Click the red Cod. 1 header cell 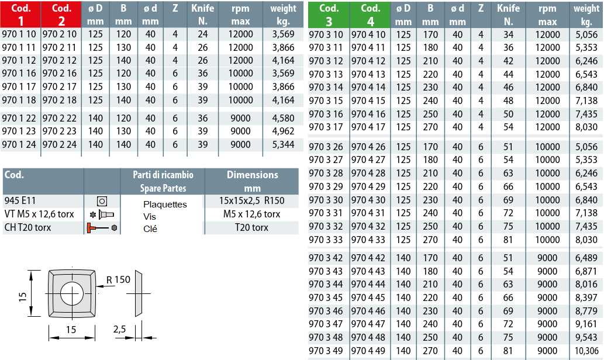click(x=20, y=14)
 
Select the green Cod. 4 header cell click(x=370, y=15)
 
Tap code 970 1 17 click(x=19, y=86)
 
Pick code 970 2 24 click(x=60, y=144)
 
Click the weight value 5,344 click(x=283, y=144)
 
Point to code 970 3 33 click(x=326, y=240)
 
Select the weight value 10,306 click(x=586, y=351)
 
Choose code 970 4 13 click(x=368, y=74)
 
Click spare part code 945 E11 click(x=20, y=200)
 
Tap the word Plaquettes click(x=165, y=205)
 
